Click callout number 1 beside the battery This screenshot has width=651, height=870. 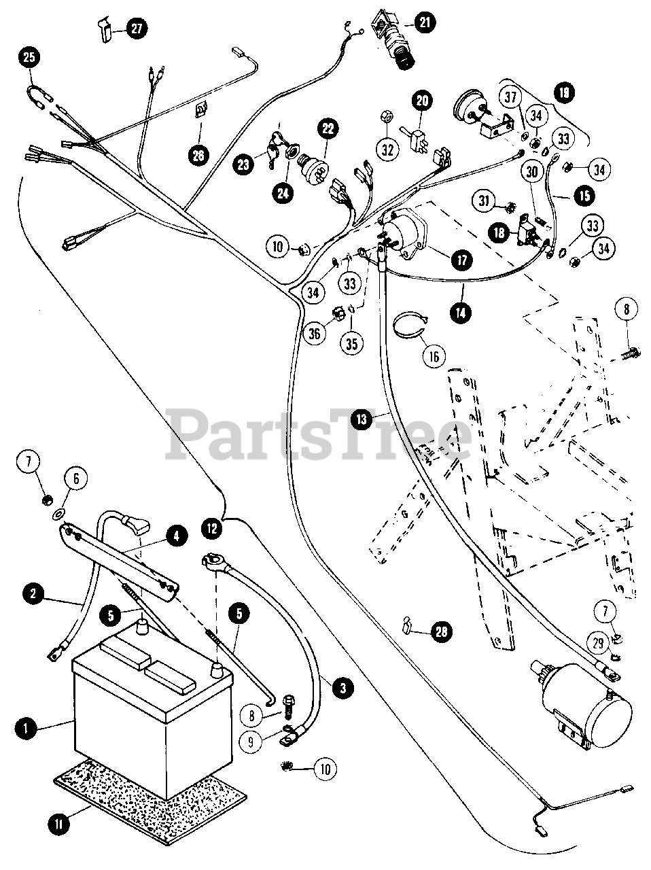coord(25,728)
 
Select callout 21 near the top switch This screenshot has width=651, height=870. coord(424,23)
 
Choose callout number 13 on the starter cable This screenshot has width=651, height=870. coord(362,419)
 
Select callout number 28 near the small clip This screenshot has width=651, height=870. coord(442,632)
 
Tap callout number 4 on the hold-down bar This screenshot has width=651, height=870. coord(176,536)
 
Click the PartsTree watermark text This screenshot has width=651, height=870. coord(319,435)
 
